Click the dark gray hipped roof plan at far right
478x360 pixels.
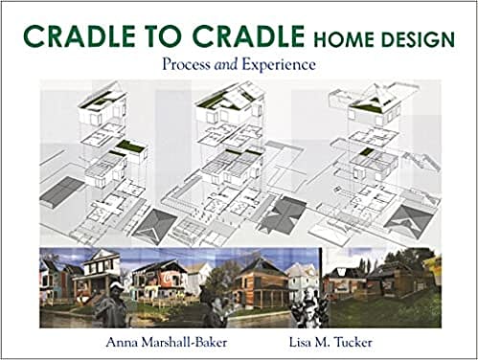point(413,219)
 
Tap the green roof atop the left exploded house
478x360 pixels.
point(93,100)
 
